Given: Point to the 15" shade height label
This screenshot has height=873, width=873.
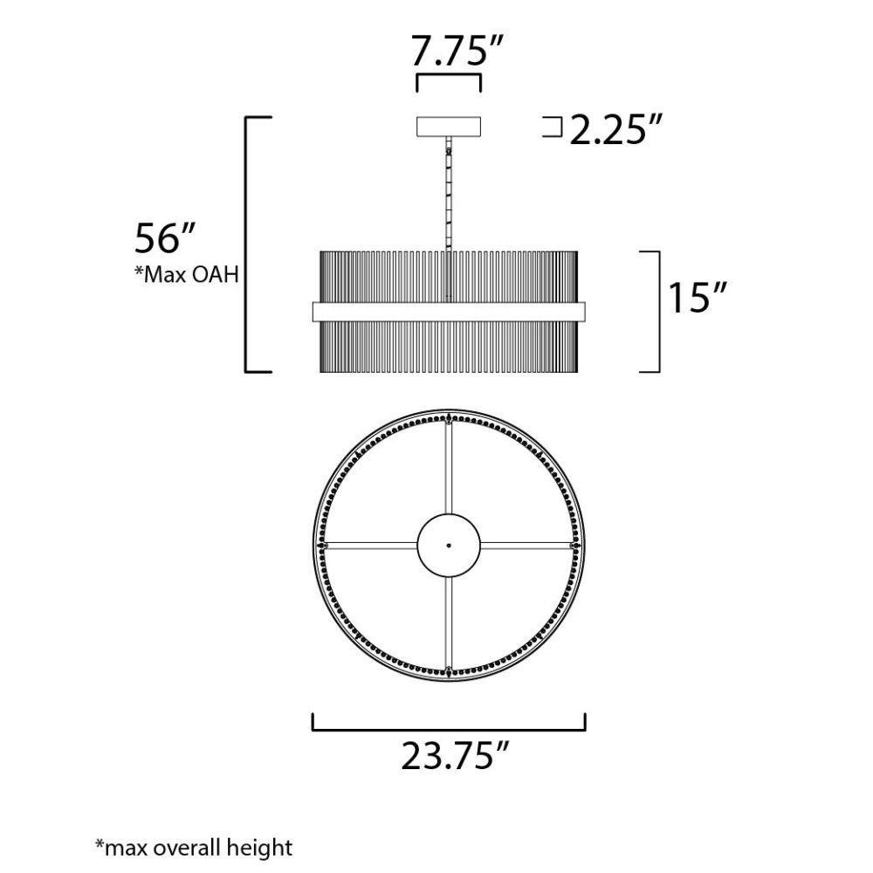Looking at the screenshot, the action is click(698, 298).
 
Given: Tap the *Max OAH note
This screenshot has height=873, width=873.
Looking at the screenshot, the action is click(187, 274).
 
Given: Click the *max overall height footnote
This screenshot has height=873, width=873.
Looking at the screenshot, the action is click(194, 847).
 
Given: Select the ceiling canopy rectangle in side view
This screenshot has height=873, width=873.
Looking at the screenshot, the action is click(449, 127).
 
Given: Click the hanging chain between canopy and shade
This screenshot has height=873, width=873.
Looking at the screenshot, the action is click(449, 194).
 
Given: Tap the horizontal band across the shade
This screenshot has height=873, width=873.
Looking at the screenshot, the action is click(449, 312).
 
